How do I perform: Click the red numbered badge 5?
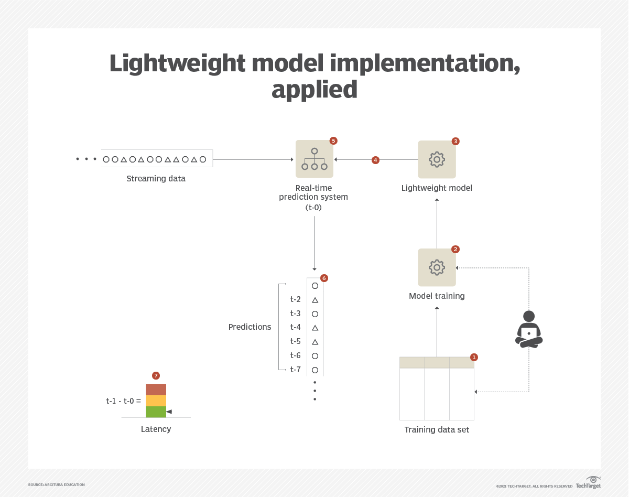[333, 141]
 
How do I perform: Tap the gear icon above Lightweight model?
[437, 159]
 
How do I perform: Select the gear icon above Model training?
[437, 267]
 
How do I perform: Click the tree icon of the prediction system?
[314, 159]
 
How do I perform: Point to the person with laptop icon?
[529, 329]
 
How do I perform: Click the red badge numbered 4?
[375, 160]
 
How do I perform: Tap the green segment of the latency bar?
[156, 412]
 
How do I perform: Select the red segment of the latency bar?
[156, 389]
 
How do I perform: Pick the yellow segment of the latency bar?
[156, 401]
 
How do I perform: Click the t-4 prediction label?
[296, 327]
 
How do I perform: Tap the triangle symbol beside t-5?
[315, 342]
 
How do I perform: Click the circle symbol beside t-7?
[315, 370]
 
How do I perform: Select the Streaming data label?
[156, 179]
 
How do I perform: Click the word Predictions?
[250, 327]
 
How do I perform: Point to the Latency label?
[156, 429]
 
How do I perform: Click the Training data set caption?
[437, 430]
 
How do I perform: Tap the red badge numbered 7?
[156, 375]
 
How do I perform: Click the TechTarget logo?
[589, 483]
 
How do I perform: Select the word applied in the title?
[314, 90]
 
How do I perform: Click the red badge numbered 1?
[474, 357]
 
